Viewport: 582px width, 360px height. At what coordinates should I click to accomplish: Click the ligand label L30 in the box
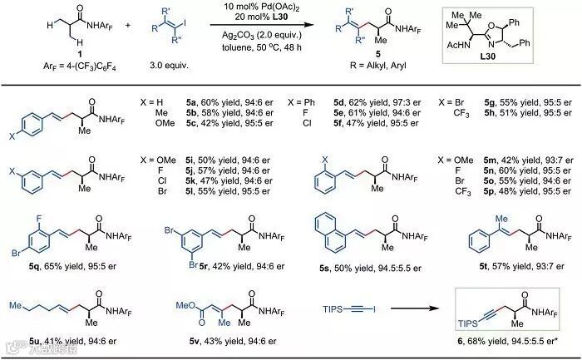(x=516, y=70)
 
